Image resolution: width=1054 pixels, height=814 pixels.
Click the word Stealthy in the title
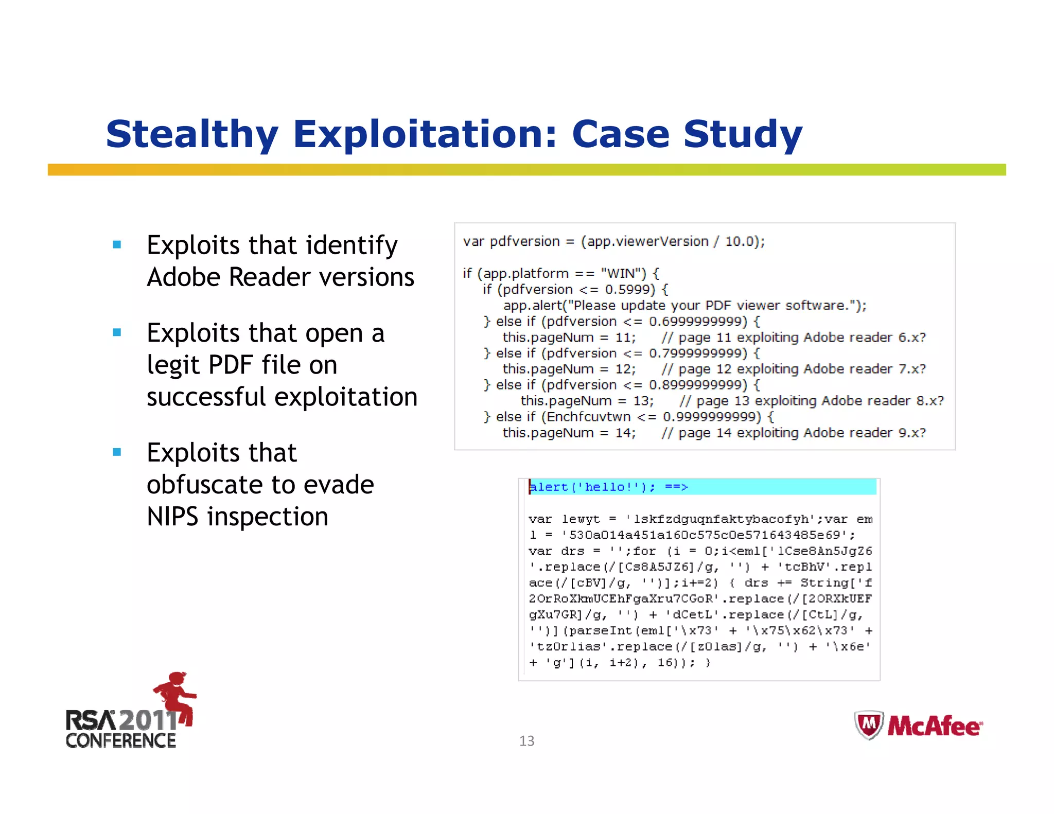[192, 134]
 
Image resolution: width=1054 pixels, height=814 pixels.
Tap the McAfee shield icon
[869, 725]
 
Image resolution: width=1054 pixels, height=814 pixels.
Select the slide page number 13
[526, 741]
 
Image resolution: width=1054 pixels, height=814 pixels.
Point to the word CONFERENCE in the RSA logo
[121, 741]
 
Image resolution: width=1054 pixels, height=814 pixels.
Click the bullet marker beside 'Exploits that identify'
[117, 245]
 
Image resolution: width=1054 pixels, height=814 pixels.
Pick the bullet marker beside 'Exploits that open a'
[117, 333]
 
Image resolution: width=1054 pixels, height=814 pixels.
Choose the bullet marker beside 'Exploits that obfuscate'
[117, 452]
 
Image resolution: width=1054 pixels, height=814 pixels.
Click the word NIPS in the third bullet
[172, 517]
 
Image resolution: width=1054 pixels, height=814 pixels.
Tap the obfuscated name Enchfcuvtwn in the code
[588, 417]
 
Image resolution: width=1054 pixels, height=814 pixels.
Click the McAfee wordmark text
[934, 726]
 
